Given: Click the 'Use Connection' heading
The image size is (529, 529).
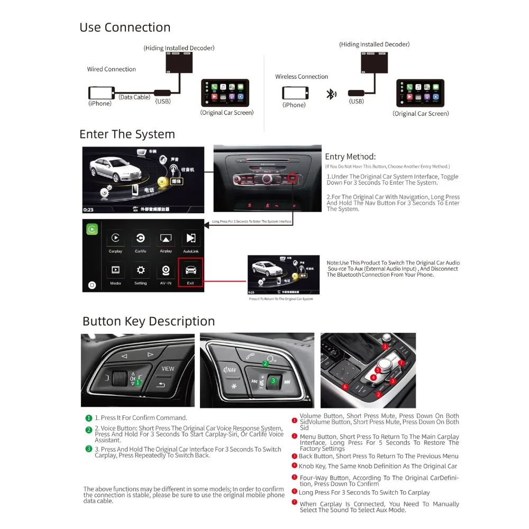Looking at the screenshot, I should (125, 28).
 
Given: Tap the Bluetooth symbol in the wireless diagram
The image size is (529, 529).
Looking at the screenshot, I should (331, 95).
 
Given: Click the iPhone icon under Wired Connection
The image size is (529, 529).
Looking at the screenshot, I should (100, 93).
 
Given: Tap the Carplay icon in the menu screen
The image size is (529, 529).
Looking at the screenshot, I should (115, 239).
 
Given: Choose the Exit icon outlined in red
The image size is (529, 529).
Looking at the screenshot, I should (190, 271).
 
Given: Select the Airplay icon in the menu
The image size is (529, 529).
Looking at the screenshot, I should (166, 239).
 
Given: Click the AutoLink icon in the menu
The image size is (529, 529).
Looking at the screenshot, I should (190, 239).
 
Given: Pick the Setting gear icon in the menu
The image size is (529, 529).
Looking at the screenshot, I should (141, 271).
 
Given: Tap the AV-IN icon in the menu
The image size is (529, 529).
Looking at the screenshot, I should (166, 271).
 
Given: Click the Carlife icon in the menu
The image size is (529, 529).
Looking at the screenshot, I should (141, 239).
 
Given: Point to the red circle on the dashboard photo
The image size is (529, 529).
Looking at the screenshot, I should (294, 179).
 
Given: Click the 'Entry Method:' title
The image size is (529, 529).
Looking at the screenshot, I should (350, 157).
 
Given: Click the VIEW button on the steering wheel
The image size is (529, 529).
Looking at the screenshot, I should (168, 369).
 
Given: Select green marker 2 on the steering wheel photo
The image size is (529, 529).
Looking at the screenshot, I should (265, 363).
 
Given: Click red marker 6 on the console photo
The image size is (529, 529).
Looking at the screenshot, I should (345, 387).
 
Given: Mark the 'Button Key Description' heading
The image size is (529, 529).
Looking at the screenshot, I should (149, 321).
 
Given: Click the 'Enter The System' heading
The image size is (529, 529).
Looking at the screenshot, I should (127, 134).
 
